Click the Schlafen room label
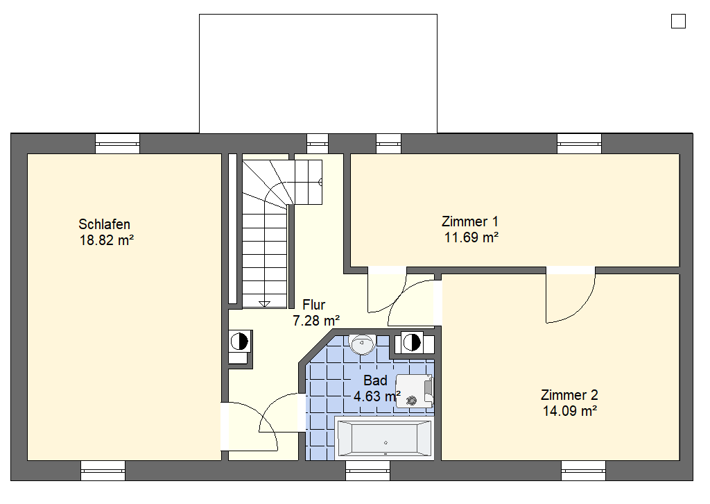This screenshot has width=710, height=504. point(104,224)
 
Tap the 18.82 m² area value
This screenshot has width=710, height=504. point(107,240)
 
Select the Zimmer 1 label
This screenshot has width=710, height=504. point(470,221)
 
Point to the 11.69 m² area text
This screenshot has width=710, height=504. point(471,237)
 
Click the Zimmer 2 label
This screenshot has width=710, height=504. point(569,395)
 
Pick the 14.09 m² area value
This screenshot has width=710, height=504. point(570,411)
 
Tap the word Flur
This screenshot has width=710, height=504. point(314,305)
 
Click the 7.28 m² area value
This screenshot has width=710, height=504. point(316,321)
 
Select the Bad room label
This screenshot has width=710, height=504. point(375,380)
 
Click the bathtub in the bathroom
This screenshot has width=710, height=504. point(384,439)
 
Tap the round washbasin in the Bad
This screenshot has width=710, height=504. point(362,344)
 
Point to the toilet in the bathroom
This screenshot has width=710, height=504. point(415,391)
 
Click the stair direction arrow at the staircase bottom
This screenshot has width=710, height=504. point(264,304)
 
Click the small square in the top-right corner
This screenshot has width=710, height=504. point(678,22)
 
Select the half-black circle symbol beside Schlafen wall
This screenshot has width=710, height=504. point(239,342)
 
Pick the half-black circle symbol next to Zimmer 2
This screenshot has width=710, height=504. point(412,342)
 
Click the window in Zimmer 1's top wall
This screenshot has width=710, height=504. point(579,144)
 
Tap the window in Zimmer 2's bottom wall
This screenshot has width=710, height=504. point(583,471)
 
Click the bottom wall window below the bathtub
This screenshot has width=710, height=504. point(367,471)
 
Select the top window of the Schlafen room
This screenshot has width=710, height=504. point(117,144)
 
